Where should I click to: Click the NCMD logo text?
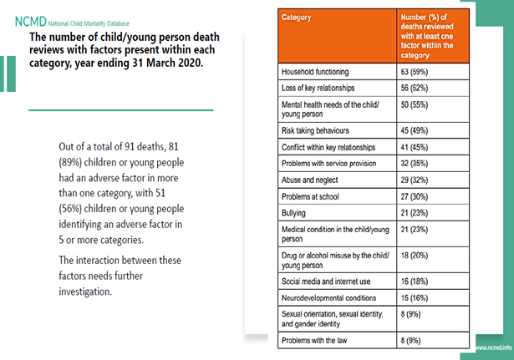point(18,23)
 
